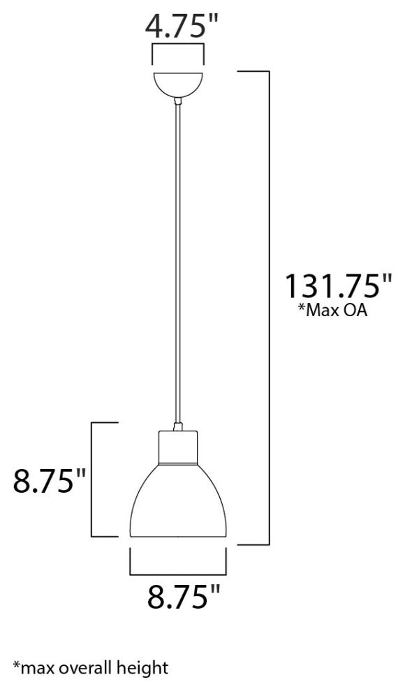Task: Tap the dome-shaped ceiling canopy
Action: tap(178, 83)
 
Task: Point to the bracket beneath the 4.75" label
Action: tap(178, 53)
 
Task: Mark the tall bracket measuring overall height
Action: tap(267, 307)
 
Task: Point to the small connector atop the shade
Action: tap(178, 426)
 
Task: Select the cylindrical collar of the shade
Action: tap(178, 447)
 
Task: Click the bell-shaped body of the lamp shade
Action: tap(178, 503)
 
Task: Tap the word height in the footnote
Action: tap(144, 668)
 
